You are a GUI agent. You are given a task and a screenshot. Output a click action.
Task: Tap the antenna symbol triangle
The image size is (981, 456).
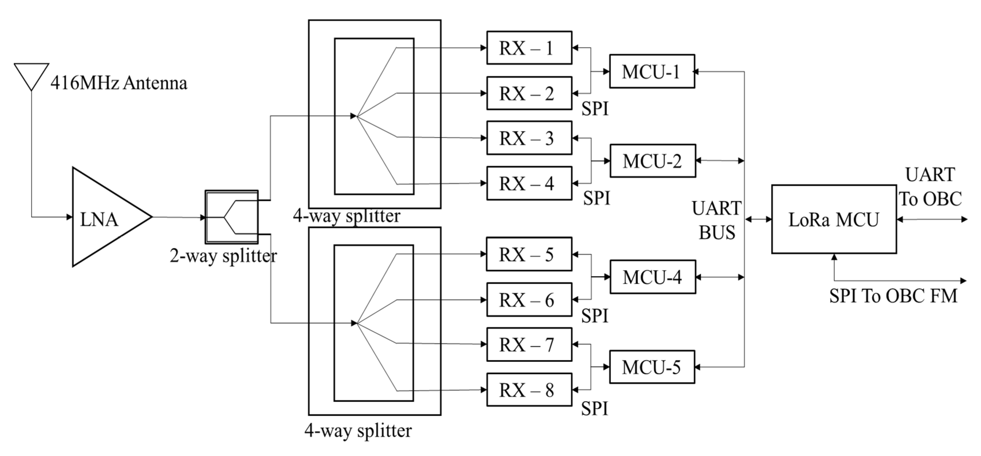pos(32,74)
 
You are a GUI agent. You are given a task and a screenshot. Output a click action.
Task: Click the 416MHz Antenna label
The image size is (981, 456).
pos(119,83)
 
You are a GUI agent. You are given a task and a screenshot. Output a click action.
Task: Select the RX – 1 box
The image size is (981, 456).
pos(529,48)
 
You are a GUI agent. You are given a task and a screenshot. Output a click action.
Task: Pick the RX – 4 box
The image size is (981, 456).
pos(529,183)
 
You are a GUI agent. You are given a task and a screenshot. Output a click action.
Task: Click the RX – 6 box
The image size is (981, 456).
pos(529,300)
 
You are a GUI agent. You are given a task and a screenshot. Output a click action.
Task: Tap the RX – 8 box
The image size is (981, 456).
pos(529,390)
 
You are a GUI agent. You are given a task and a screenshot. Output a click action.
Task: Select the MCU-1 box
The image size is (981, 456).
pos(652,72)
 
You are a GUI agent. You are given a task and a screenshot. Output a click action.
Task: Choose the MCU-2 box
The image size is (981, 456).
pos(652,161)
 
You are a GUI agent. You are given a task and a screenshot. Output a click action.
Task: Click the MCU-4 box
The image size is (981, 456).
pos(652,277)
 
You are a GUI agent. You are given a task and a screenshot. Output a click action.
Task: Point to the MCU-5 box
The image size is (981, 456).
pos(652,367)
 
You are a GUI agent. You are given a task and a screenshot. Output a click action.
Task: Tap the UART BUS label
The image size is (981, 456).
pos(716,220)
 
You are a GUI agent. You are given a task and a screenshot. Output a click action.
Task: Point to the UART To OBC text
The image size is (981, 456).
pos(930,187)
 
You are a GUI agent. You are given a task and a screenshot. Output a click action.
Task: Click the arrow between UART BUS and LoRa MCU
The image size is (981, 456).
pos(758,219)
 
